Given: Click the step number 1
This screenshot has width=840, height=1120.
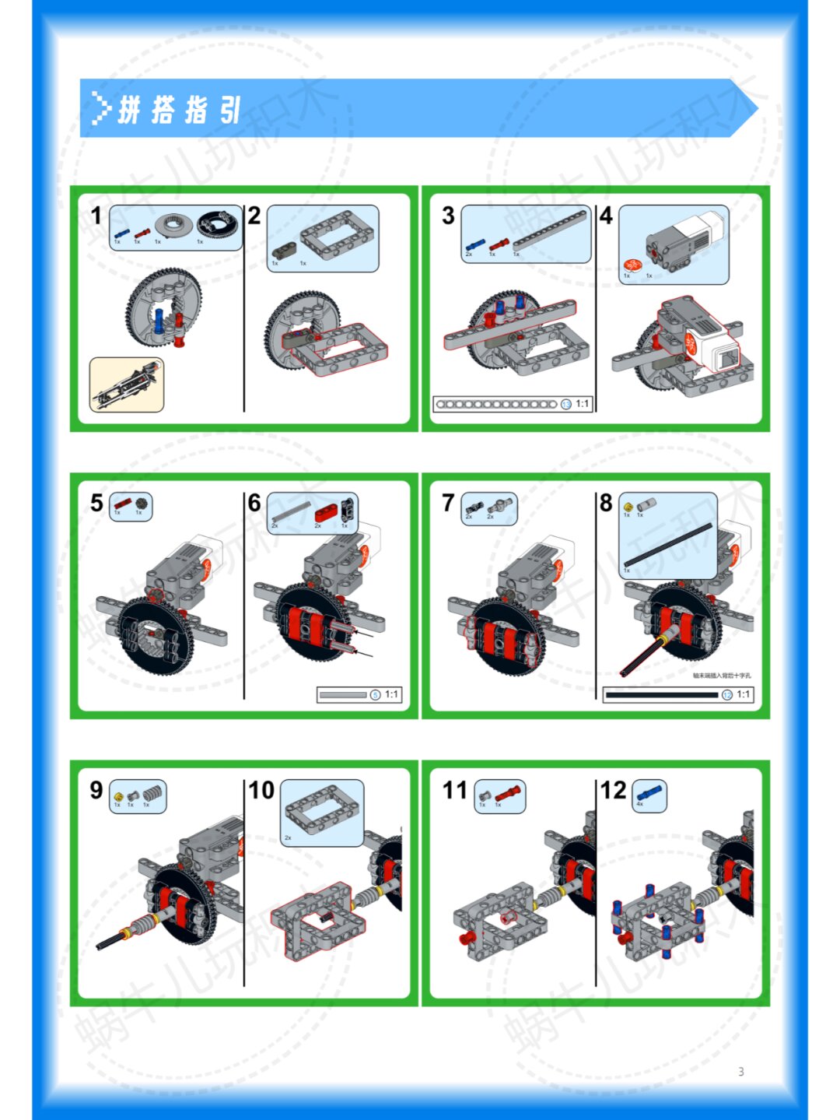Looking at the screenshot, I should (96, 216).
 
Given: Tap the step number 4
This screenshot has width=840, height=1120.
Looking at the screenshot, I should (606, 216).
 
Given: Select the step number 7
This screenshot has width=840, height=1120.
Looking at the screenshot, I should (448, 503).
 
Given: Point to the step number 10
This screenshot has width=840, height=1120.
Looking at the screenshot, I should (261, 790).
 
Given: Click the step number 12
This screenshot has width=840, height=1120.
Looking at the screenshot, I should (613, 790).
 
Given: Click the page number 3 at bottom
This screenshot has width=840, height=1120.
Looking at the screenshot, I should (740, 1072).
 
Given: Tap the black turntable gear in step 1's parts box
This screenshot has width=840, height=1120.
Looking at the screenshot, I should (218, 225).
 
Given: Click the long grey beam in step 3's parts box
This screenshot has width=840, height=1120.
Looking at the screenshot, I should (550, 230).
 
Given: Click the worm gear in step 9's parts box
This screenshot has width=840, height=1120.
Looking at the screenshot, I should (152, 794).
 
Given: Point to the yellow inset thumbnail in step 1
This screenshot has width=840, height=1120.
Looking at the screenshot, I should (126, 384).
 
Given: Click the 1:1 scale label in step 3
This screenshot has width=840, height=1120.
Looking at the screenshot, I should (582, 403).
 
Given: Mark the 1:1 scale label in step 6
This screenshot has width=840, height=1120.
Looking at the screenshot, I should (391, 694).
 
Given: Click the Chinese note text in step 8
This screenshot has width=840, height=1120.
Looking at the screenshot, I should (721, 676).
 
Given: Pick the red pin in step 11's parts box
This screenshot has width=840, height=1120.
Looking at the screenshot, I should (506, 794).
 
